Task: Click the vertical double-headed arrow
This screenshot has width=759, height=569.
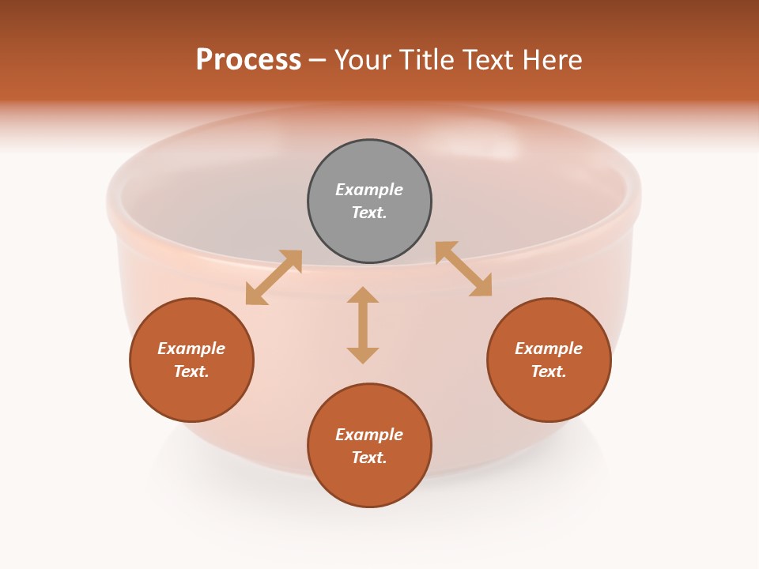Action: point(363,325)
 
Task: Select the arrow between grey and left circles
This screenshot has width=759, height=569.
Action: point(274,277)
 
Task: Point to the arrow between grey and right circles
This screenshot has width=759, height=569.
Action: point(463,269)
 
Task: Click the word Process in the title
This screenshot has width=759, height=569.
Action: point(248,59)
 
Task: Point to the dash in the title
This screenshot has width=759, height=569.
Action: point(318,60)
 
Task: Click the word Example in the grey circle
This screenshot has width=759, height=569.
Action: point(369,190)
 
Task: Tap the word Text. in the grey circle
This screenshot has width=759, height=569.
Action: point(369,213)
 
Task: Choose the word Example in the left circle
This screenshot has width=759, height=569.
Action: point(191,349)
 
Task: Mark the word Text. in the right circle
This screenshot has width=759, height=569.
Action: point(549,371)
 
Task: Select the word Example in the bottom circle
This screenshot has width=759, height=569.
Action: point(369,435)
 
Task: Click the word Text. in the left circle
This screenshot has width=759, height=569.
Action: point(191,371)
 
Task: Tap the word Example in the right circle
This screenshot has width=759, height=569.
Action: point(549,349)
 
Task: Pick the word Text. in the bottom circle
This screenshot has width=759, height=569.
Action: point(369,458)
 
